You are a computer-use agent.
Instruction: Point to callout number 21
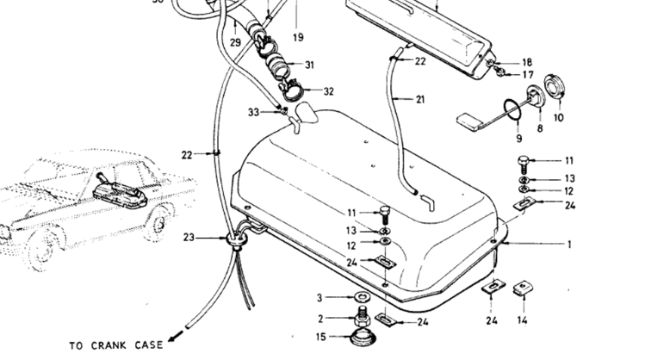click(420, 100)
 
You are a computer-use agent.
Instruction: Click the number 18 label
click(527, 62)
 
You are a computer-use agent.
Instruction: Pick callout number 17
click(527, 74)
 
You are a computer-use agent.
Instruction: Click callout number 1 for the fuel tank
click(569, 244)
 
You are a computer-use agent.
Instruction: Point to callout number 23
click(189, 237)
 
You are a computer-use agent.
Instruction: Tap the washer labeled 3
click(363, 298)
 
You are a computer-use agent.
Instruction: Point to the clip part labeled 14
click(522, 290)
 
